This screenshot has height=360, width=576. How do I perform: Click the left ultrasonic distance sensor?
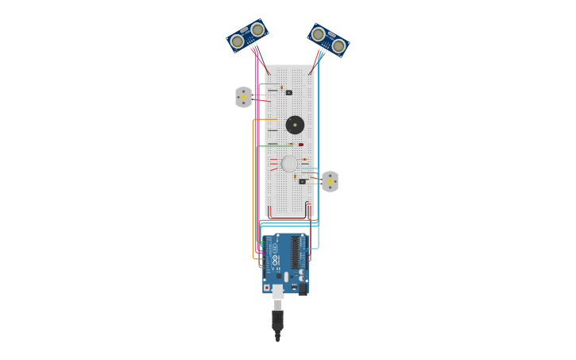(247, 36)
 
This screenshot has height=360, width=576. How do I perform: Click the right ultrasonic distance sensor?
(328, 40)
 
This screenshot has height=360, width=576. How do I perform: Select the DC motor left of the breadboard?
(243, 97)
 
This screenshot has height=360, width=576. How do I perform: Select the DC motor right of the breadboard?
(330, 182)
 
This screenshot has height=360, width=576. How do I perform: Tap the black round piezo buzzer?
(295, 125)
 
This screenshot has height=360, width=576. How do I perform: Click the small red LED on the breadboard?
(301, 145)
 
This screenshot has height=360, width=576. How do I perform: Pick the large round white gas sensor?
(289, 164)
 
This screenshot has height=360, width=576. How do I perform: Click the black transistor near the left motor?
(289, 93)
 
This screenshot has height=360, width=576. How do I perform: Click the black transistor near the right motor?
(303, 182)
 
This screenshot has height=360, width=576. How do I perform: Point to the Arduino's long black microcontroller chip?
(296, 252)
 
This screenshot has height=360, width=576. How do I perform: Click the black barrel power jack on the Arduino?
(302, 288)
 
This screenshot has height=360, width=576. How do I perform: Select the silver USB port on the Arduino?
(277, 291)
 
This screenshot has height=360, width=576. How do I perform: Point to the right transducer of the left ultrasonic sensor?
(257, 30)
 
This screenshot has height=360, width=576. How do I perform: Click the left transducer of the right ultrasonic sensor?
(319, 34)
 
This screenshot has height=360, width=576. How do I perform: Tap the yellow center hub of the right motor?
(330, 182)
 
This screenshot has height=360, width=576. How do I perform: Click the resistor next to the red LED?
(292, 144)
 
